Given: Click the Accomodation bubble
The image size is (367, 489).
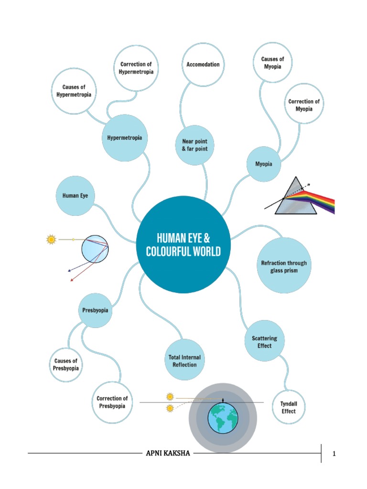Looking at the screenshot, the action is [x=203, y=64].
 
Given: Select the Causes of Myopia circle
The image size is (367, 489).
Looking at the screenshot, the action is [x=272, y=63].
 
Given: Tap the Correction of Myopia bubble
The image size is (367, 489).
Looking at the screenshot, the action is [x=304, y=105].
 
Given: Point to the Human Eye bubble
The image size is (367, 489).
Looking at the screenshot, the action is [x=76, y=195].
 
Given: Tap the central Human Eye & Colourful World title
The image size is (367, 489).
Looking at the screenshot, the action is [x=183, y=244].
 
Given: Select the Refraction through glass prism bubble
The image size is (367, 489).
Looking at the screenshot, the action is [x=284, y=266].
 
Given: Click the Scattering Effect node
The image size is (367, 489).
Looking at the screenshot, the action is [x=264, y=342].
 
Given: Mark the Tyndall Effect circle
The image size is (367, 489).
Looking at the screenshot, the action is [x=288, y=407].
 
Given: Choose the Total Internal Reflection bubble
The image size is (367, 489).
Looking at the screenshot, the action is [x=184, y=361].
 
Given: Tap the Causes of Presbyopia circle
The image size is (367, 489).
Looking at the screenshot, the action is [x=66, y=364].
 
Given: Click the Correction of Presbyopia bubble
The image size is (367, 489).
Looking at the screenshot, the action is [x=112, y=402].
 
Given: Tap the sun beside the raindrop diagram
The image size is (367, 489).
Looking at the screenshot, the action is [x=51, y=239].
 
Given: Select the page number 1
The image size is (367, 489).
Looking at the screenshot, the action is [x=335, y=454].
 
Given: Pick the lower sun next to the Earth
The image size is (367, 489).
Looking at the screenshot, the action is [x=169, y=408].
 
